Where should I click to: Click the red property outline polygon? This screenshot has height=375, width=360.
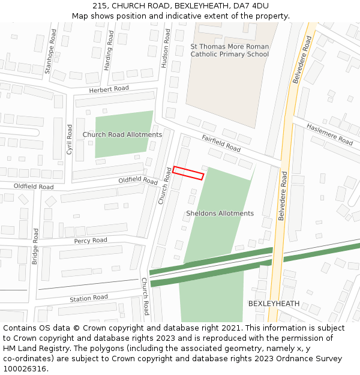[x=188, y=173]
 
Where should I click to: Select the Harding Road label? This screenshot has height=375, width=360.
[x=109, y=51]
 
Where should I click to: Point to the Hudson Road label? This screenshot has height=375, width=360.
[x=166, y=47]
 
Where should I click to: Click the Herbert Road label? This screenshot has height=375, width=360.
[x=109, y=89]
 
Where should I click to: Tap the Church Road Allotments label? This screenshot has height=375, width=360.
[x=122, y=134]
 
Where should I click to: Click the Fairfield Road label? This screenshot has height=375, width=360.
[x=221, y=143]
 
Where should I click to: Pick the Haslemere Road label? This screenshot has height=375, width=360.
[x=329, y=134]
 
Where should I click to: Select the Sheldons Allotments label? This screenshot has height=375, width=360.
[x=220, y=213]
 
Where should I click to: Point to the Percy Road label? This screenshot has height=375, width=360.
[x=91, y=241]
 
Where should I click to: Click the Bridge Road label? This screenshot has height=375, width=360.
[x=35, y=245]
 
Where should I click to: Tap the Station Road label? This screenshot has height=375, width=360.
[x=89, y=298]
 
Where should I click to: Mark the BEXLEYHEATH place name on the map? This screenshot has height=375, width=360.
[x=274, y=304]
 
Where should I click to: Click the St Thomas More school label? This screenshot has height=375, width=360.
[x=230, y=50]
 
